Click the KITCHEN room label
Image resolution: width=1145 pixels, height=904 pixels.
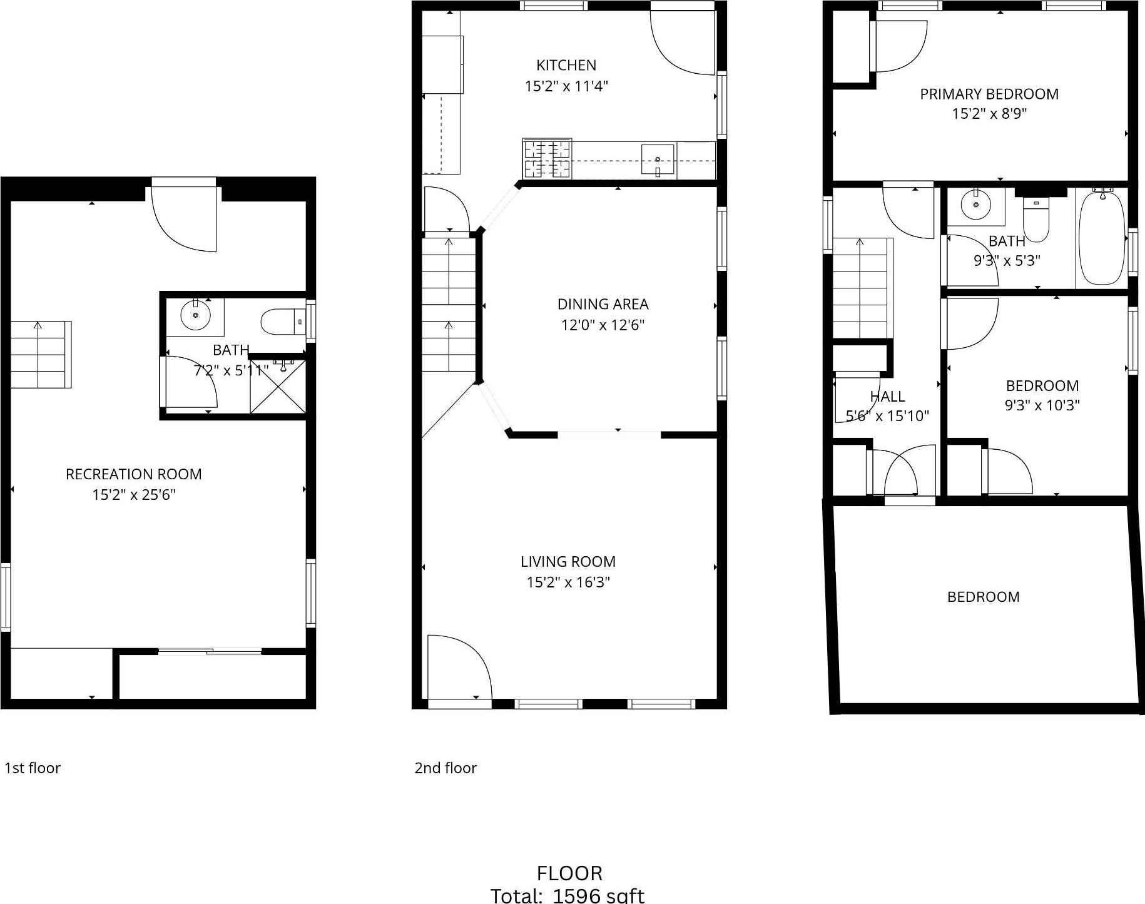566,65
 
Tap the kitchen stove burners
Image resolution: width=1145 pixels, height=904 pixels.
547,158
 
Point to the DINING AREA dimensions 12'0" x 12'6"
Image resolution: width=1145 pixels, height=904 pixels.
602,325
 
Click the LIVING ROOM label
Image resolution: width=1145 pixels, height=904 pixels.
567,562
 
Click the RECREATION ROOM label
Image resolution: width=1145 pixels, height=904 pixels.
133,474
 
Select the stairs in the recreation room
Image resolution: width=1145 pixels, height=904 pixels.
41,354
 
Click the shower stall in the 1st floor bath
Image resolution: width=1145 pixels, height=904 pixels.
278,387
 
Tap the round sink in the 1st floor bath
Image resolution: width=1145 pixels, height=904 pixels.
195,314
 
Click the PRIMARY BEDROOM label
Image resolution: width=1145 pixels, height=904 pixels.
989,94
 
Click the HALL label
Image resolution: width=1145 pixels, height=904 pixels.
887,397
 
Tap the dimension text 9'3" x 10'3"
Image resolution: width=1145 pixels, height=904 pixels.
1042,405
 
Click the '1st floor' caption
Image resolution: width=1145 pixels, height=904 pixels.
33,768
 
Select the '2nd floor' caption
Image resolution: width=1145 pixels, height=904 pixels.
445,768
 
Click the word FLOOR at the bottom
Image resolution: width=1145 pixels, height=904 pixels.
569,873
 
